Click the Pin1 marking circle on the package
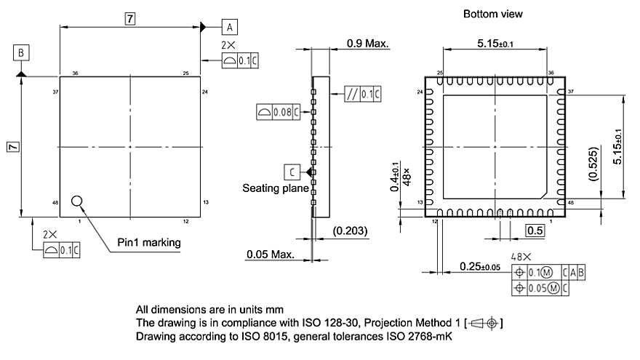78,201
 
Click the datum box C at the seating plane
291,172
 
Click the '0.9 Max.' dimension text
367,44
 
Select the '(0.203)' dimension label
349,231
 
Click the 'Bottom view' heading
492,14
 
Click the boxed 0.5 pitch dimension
535,231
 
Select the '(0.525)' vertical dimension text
593,164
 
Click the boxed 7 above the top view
129,20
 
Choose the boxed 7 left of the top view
12,147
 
